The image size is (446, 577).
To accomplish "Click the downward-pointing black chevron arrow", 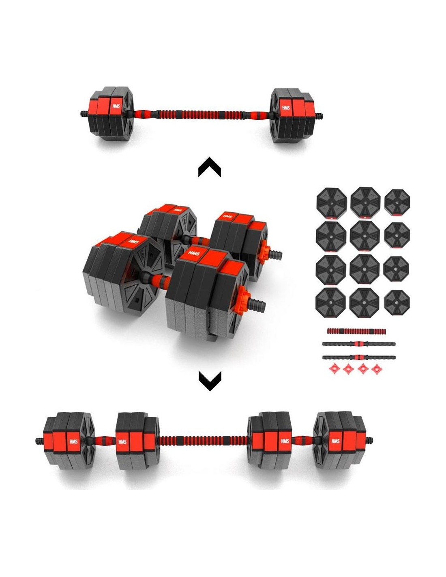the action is click(210, 381).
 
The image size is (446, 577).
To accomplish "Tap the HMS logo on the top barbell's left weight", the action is click(116, 106).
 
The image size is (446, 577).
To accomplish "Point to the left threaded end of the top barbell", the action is click(85, 114).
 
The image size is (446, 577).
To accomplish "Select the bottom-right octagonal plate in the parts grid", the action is click(397, 302).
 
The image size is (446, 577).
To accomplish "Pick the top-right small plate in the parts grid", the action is click(397, 202).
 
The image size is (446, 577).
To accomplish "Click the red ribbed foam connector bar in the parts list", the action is click(356, 331).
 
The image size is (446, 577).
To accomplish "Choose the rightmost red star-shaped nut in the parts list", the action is click(376, 369).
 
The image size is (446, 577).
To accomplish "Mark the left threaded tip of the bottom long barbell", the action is click(39, 441).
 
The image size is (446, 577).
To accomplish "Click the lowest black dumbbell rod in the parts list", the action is click(359, 357).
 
